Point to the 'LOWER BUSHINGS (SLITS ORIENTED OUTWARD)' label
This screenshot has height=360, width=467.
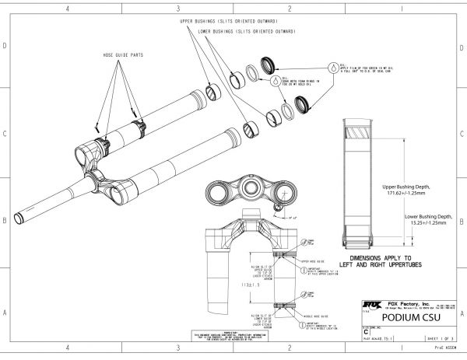point(246,33)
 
